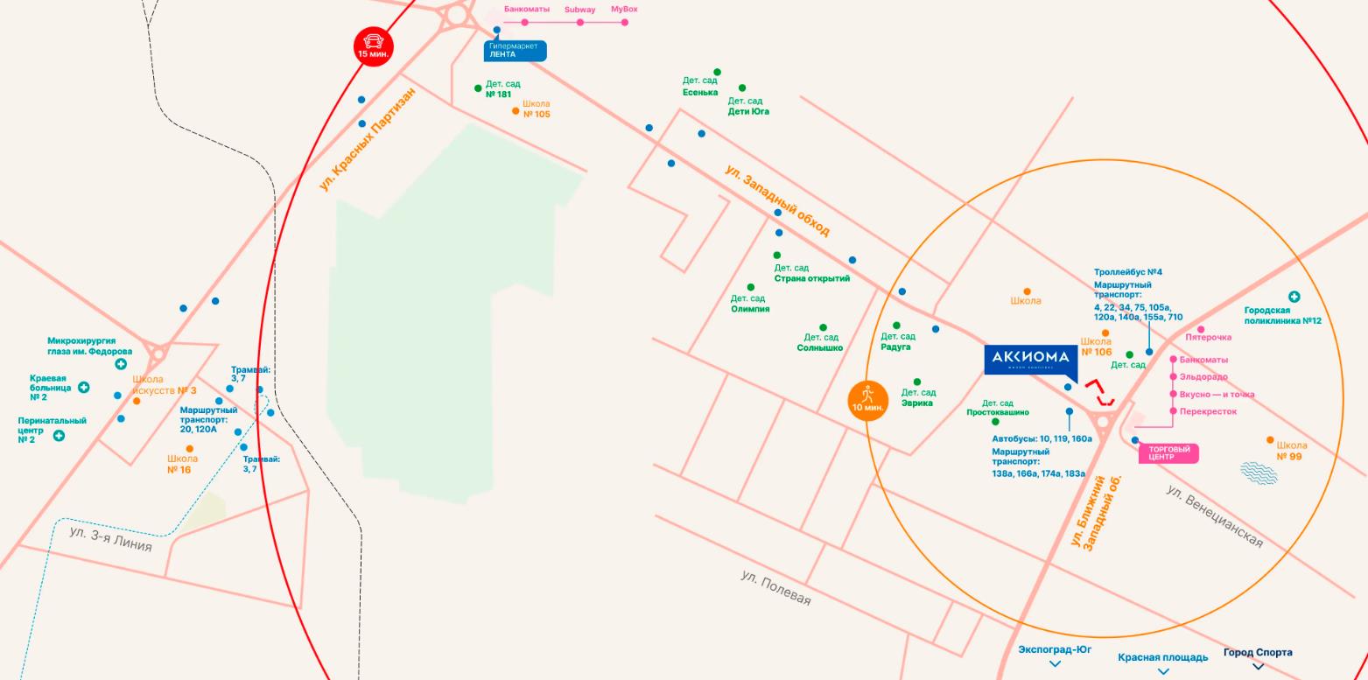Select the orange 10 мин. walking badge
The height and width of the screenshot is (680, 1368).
[867, 400]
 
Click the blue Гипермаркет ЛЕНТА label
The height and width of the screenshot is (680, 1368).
[515, 51]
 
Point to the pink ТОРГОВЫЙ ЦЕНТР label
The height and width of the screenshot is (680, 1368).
[1168, 453]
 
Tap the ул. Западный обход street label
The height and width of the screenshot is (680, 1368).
[777, 200]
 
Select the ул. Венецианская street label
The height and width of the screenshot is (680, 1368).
[1215, 516]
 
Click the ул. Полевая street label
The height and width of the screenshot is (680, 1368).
[775, 588]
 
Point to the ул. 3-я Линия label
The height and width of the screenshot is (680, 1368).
[110, 538]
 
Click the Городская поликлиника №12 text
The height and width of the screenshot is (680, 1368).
[1282, 315]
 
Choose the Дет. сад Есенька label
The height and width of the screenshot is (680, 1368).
[700, 86]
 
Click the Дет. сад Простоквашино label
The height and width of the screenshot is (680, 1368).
[998, 408]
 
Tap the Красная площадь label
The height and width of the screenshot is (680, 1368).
[1162, 657]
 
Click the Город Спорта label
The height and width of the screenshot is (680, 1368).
[1257, 653]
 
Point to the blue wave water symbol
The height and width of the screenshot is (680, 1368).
[1259, 473]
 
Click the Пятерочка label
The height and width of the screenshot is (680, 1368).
[1208, 337]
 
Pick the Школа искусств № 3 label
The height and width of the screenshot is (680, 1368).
[165, 385]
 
